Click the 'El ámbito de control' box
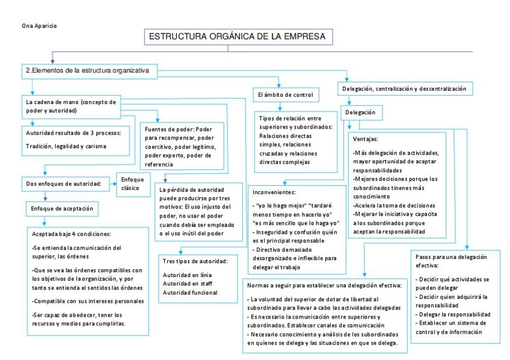[283, 95]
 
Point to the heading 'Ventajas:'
[366, 138]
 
